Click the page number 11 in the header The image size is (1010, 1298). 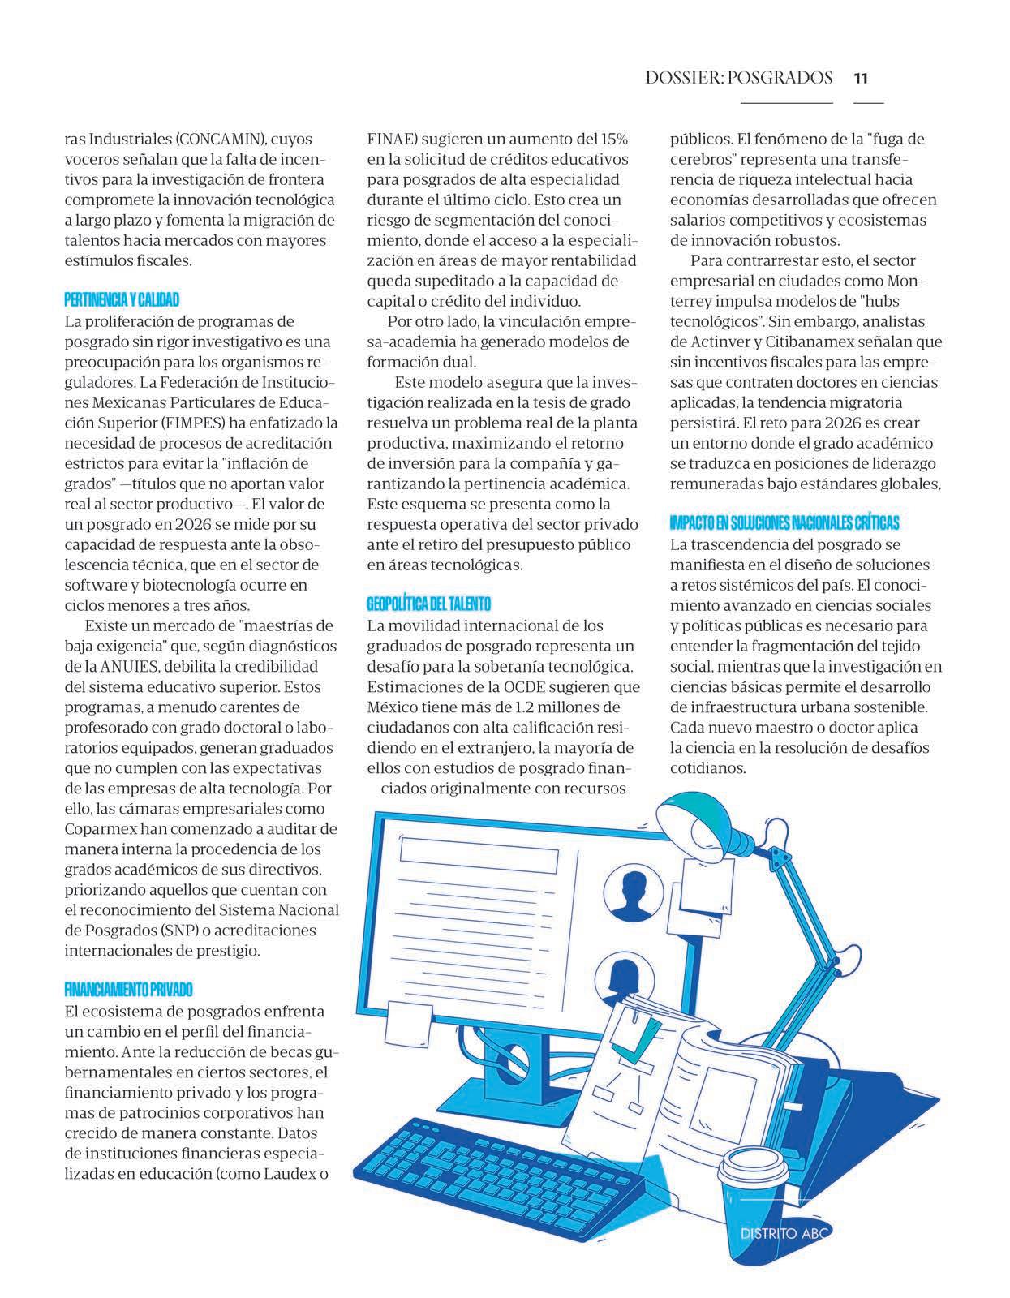pos(861,79)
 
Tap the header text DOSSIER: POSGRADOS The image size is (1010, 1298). pos(739,79)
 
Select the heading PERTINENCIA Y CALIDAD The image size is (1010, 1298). pos(122,300)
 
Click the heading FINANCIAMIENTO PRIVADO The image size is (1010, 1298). pos(128,990)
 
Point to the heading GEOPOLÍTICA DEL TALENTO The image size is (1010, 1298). pos(428,604)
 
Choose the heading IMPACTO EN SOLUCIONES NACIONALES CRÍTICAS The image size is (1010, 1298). pos(784,523)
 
